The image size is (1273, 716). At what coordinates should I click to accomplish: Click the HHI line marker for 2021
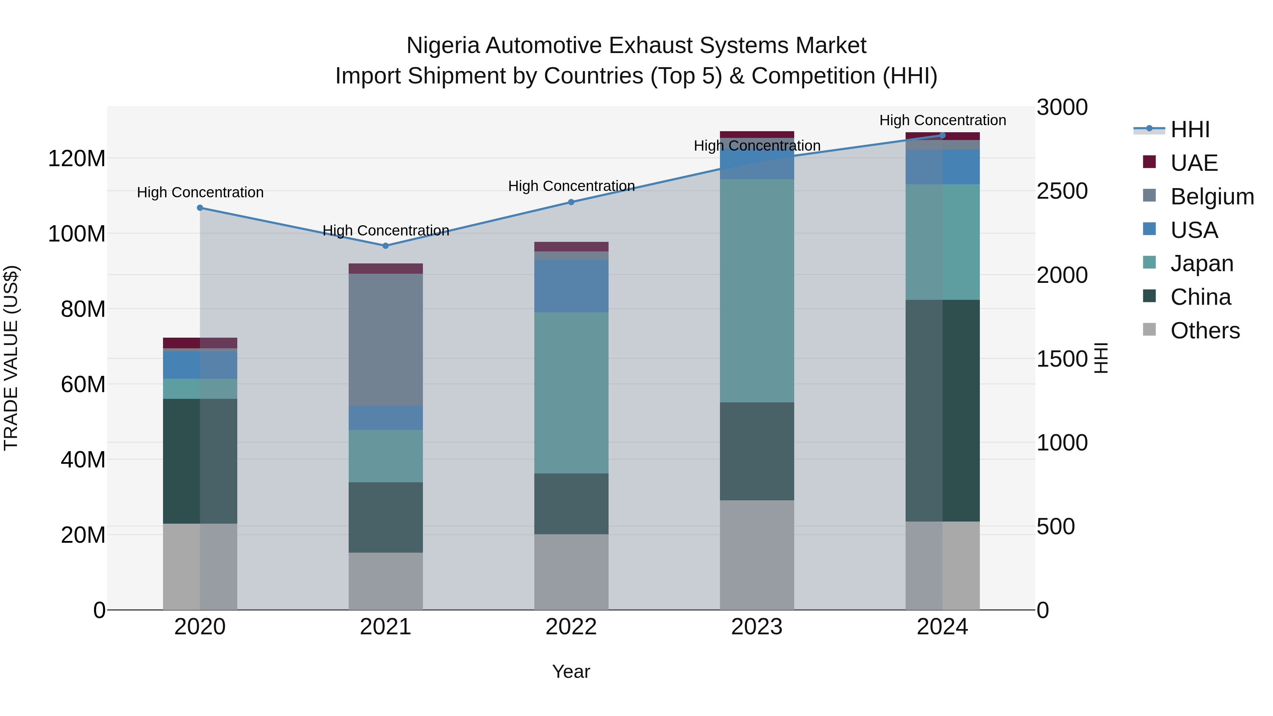point(385,246)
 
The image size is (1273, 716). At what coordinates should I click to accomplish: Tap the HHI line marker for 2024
point(942,135)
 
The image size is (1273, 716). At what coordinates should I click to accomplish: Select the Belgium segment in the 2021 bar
point(385,339)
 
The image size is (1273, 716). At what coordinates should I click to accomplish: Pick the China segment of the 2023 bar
point(757,451)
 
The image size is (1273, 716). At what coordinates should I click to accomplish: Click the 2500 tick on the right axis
point(1062,191)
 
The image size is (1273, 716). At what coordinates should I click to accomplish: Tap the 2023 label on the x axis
point(757,627)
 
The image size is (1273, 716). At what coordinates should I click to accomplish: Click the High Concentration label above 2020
point(200,192)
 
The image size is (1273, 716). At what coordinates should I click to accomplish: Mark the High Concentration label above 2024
point(942,120)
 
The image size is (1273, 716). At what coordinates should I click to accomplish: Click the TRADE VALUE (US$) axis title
point(11,358)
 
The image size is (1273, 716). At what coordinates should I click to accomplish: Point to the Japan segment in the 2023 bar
point(757,291)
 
